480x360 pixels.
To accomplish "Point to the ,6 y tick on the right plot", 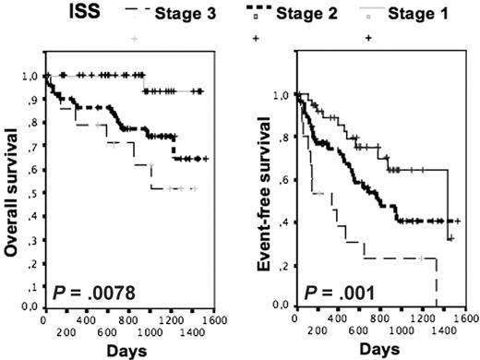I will click(x=283, y=179).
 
